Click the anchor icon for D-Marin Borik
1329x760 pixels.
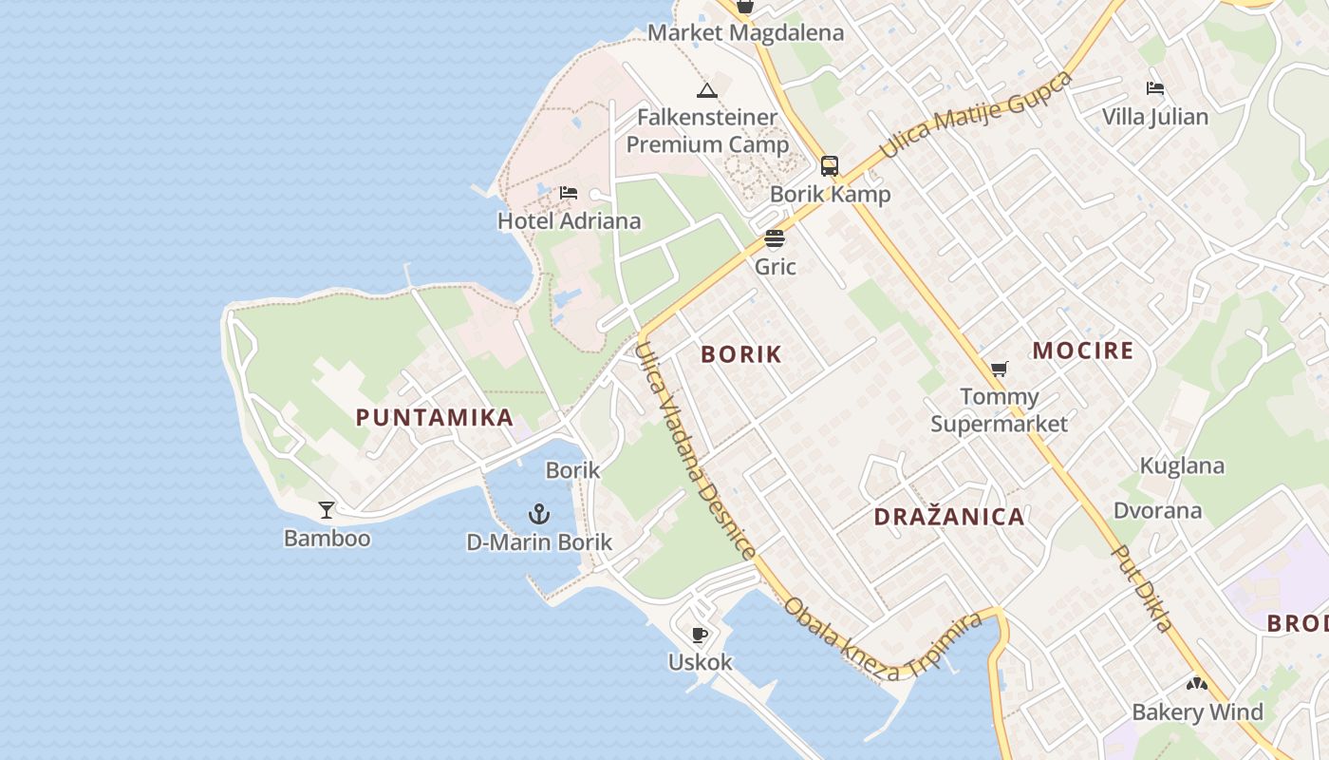pos(539,514)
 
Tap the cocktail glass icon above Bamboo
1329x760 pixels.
pos(327,510)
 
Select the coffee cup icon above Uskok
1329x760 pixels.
pos(700,635)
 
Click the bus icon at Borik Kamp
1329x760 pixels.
pos(830,166)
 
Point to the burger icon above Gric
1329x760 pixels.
pos(775,238)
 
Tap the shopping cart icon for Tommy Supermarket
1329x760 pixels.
pos(999,369)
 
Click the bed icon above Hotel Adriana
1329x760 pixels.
pos(569,193)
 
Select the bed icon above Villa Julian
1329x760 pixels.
pos(1155,88)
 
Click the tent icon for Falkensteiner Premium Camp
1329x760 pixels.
pos(706,90)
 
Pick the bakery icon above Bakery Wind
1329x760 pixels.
pos(1196,684)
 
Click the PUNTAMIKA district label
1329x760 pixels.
pos(435,417)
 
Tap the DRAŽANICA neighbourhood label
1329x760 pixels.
pos(949,517)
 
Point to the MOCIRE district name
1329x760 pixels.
pos(1083,351)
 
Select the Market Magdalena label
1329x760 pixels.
pos(745,33)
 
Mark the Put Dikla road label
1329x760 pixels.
pos(1143,589)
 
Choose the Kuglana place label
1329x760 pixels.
pos(1182,465)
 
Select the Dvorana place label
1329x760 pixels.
pos(1157,510)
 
